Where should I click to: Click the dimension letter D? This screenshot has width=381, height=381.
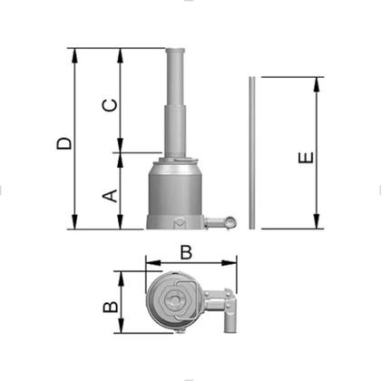(x=64, y=143)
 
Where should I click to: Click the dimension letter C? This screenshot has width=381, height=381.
(x=110, y=105)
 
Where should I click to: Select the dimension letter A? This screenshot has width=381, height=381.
(x=110, y=196)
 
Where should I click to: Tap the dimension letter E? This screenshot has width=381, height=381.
(x=306, y=158)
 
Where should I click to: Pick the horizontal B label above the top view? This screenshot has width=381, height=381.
(x=186, y=252)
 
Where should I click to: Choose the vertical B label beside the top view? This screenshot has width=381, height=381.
(x=111, y=307)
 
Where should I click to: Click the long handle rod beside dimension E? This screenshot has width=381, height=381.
(x=252, y=152)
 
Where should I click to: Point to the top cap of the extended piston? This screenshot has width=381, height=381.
(x=175, y=51)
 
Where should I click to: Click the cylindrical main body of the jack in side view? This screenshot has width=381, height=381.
(x=175, y=192)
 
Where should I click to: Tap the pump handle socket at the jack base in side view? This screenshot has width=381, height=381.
(x=220, y=223)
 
